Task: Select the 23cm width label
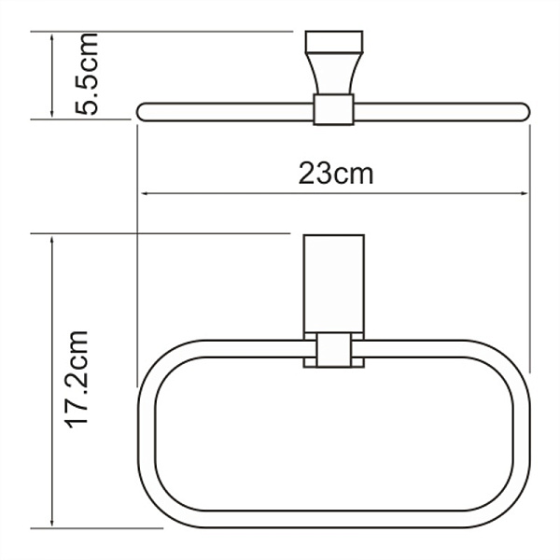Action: tap(336, 173)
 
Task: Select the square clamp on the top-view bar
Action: tap(332, 109)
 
